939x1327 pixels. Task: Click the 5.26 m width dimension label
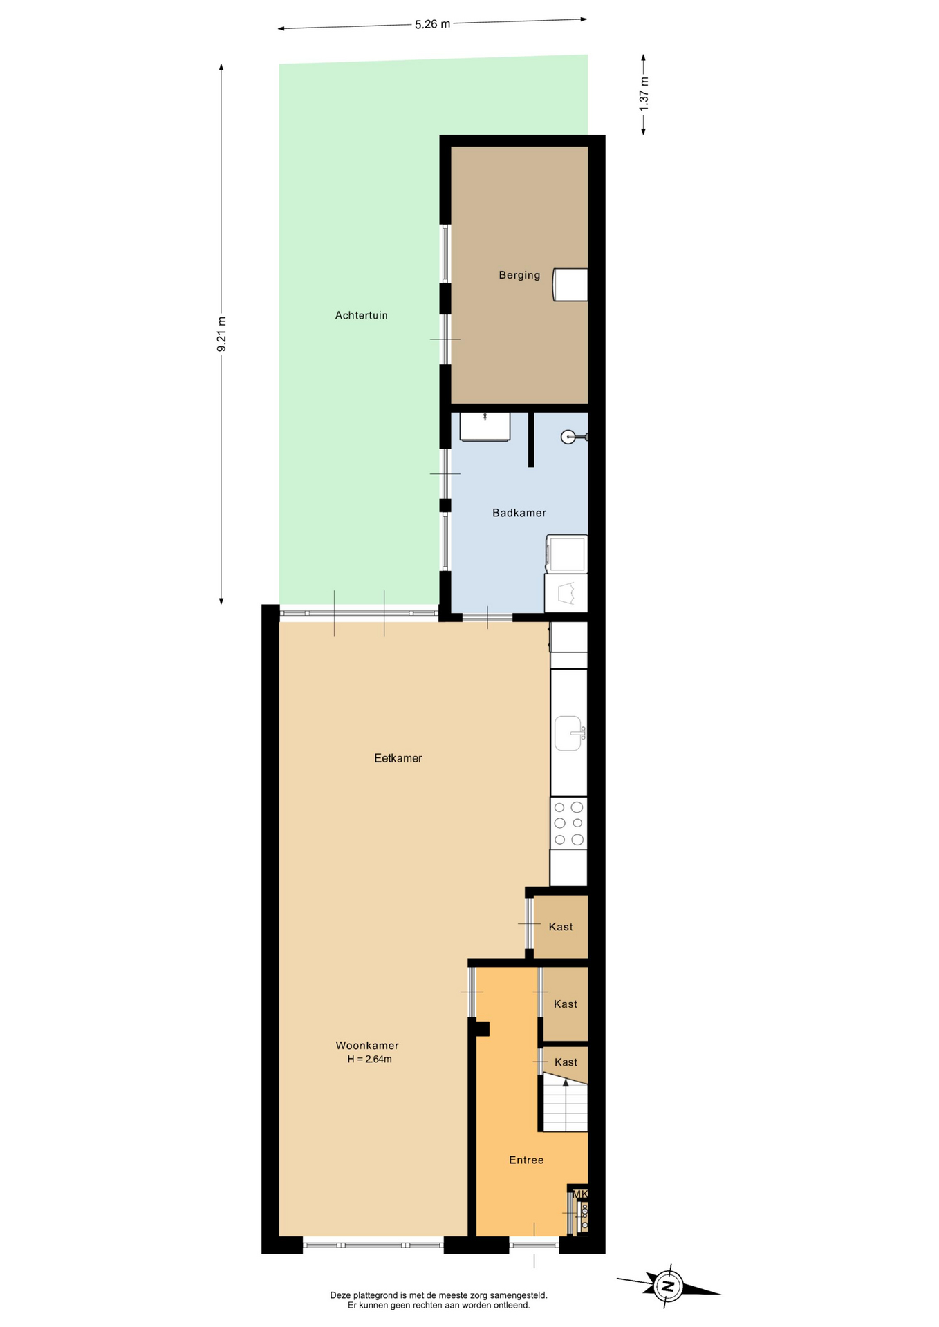point(432,24)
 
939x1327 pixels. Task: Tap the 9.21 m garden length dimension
point(222,334)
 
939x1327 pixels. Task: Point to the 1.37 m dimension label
point(644,95)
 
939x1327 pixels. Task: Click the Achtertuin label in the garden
point(361,315)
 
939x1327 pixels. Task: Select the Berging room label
point(519,275)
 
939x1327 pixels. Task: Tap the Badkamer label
point(519,513)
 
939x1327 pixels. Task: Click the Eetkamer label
point(398,758)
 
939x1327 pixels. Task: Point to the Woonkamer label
point(367,1046)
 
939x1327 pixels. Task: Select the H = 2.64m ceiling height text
point(369,1059)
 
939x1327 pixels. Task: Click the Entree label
point(526,1160)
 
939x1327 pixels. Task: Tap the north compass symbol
point(668,1286)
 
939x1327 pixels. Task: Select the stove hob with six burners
point(568,823)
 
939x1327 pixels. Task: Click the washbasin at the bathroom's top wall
point(485,426)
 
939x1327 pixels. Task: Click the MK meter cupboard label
point(579,1194)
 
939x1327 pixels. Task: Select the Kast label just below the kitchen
point(561,927)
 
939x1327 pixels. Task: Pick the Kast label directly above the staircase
point(566,1062)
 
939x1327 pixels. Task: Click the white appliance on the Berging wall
point(570,285)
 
